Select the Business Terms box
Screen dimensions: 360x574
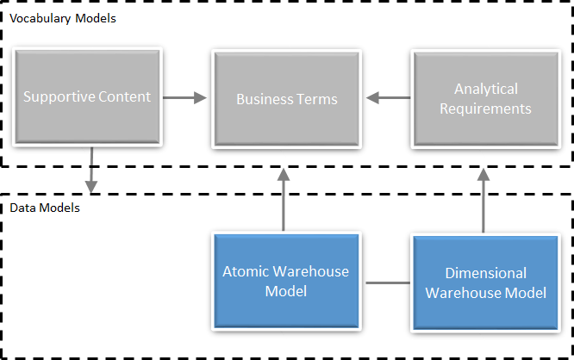point(287,98)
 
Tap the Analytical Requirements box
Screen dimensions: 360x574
point(485,98)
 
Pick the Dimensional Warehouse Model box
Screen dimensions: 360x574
point(485,283)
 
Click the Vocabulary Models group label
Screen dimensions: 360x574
point(62,17)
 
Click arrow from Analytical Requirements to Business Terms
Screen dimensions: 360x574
point(389,99)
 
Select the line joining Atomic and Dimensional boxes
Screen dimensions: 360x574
point(386,282)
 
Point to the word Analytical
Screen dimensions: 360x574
point(485,89)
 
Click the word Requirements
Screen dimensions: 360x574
point(485,109)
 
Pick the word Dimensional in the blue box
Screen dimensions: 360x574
point(485,274)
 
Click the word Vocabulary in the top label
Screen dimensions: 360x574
point(41,17)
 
